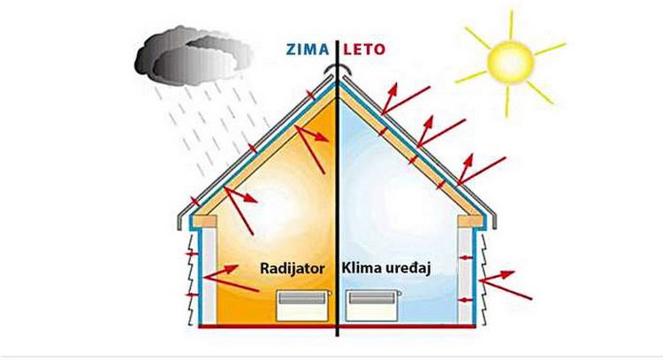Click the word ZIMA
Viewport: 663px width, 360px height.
(x=308, y=50)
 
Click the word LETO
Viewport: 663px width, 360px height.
(x=364, y=50)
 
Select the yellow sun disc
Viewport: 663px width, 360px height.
(x=510, y=62)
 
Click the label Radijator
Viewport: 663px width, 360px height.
(x=293, y=268)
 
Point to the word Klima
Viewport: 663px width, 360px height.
(x=361, y=268)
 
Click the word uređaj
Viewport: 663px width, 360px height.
(x=408, y=269)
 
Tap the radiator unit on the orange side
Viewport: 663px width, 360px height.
(x=302, y=305)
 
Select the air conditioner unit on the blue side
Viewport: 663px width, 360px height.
(x=372, y=305)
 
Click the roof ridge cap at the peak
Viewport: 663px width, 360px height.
(x=337, y=67)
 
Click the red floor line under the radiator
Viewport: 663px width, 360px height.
(x=267, y=326)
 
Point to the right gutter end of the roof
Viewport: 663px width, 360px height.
(x=493, y=220)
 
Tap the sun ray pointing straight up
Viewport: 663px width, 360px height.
(x=511, y=26)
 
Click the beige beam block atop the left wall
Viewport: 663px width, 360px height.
(x=205, y=221)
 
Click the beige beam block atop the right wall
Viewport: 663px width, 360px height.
(x=470, y=221)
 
